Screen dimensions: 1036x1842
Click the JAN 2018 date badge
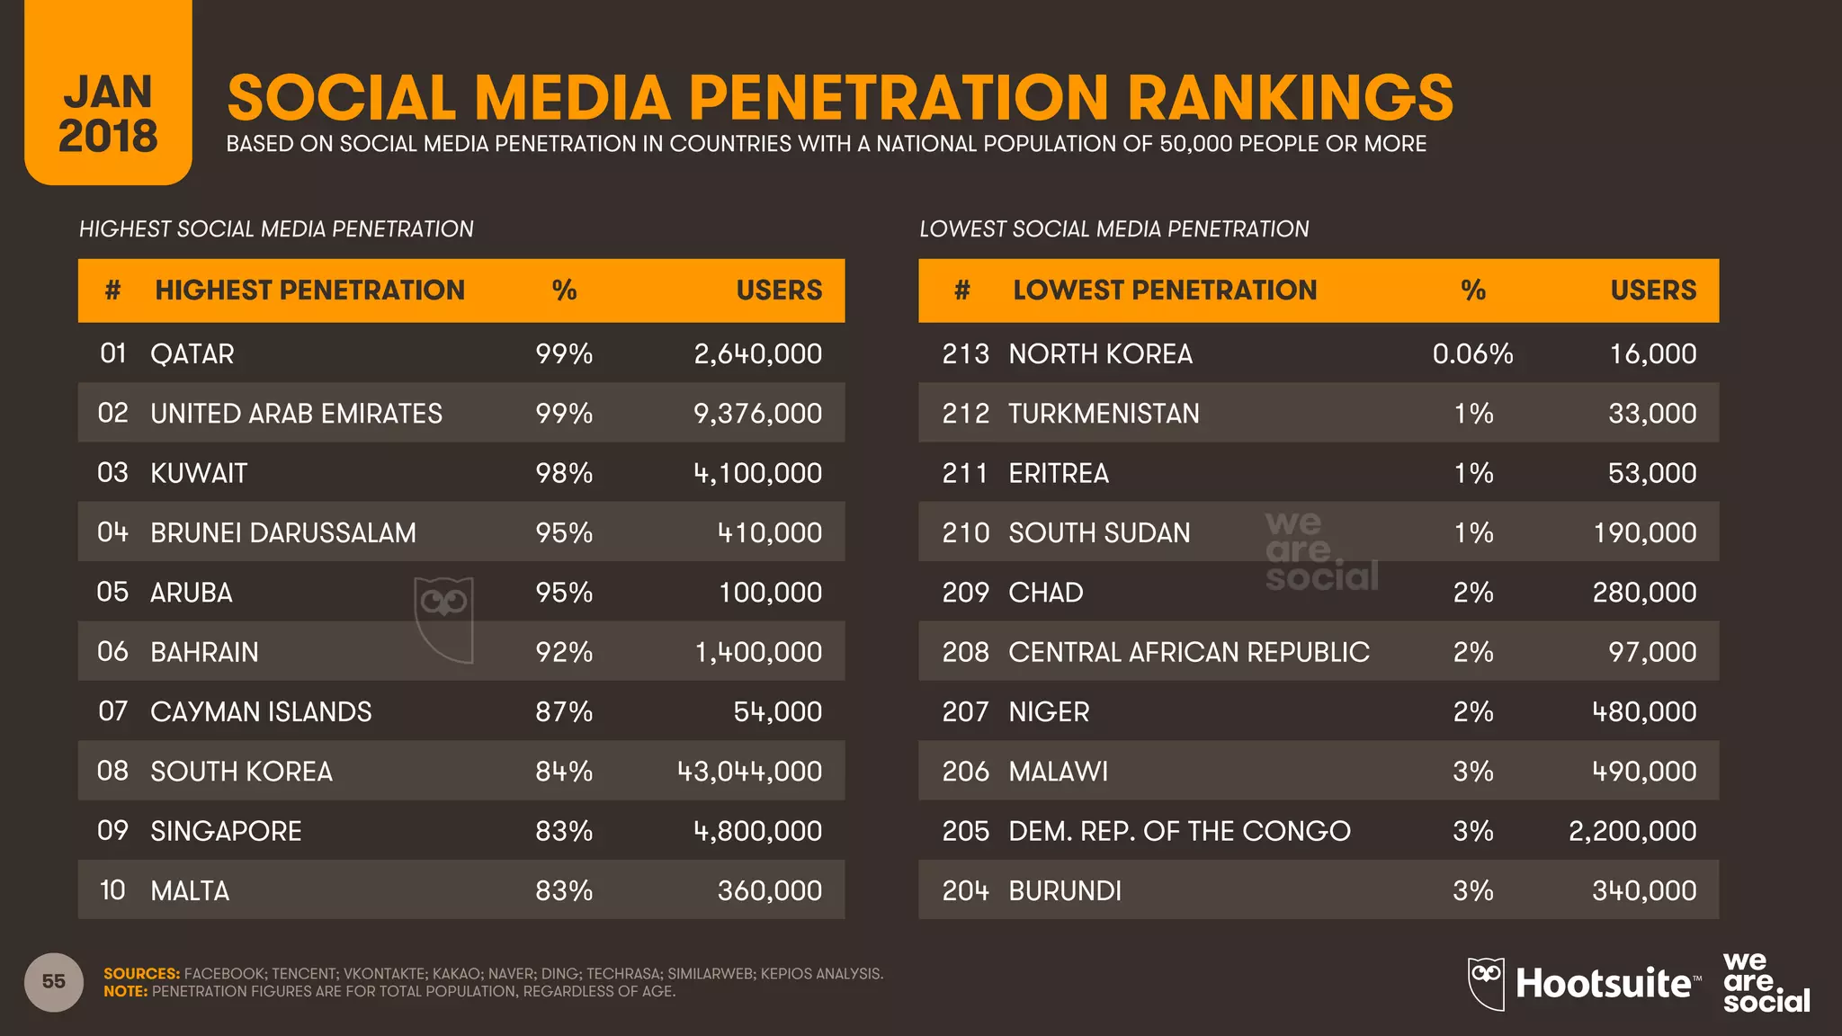pyautogui.click(x=108, y=112)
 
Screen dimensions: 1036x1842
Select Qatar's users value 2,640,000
pyautogui.click(x=757, y=353)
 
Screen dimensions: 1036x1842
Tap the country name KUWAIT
pyautogui.click(x=198, y=473)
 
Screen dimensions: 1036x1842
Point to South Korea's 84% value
pyautogui.click(x=564, y=772)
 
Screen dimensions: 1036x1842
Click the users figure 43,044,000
pyautogui.click(x=749, y=772)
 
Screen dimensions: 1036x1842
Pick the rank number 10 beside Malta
pyautogui.click(x=112, y=890)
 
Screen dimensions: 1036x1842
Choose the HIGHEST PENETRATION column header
pyautogui.click(x=309, y=290)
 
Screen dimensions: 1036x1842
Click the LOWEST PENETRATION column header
pyautogui.click(x=1164, y=290)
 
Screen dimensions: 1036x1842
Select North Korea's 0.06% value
pyautogui.click(x=1472, y=353)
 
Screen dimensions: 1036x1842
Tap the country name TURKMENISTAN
pyautogui.click(x=1104, y=414)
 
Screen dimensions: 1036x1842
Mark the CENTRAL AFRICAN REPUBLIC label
pyautogui.click(x=1188, y=652)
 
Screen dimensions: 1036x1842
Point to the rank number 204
pyautogui.click(x=965, y=890)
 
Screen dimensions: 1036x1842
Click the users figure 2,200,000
pyautogui.click(x=1632, y=831)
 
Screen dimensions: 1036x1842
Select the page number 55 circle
pyautogui.click(x=54, y=981)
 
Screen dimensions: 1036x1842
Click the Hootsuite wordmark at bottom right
pyautogui.click(x=1603, y=983)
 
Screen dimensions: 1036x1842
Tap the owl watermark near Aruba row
pyautogui.click(x=443, y=619)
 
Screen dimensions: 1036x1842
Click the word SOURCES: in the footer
pyautogui.click(x=141, y=974)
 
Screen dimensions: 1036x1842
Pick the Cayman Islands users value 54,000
pyautogui.click(x=777, y=711)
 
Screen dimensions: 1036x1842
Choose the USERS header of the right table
pyautogui.click(x=1652, y=290)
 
